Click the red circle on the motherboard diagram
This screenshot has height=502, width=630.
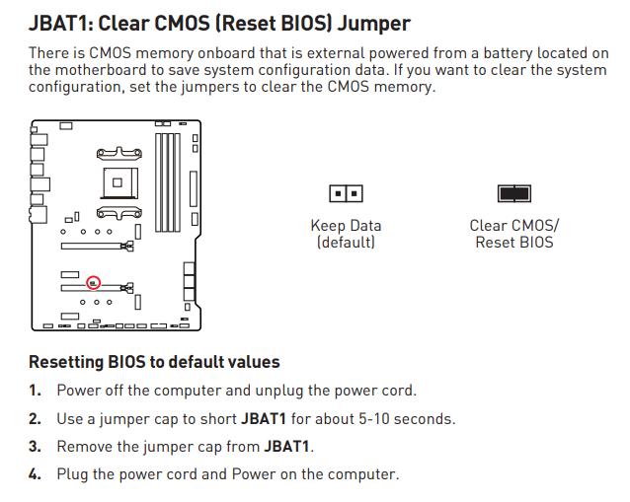pyautogui.click(x=94, y=282)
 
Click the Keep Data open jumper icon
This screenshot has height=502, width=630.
pyautogui.click(x=346, y=193)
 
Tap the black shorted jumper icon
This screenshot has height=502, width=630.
pyautogui.click(x=514, y=193)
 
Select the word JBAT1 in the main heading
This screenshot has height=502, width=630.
pyautogui.click(x=61, y=22)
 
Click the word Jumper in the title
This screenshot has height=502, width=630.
pyautogui.click(x=374, y=22)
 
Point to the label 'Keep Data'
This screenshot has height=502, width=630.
pyautogui.click(x=346, y=226)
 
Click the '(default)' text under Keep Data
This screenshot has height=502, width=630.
pyautogui.click(x=346, y=242)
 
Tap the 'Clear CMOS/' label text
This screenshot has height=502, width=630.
pyautogui.click(x=514, y=226)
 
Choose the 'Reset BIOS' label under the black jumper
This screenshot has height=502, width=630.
pyautogui.click(x=514, y=242)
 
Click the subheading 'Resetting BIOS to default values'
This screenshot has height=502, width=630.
pyautogui.click(x=154, y=362)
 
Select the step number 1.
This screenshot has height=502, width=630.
pyautogui.click(x=34, y=391)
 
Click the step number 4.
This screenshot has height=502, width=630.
pyautogui.click(x=34, y=474)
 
